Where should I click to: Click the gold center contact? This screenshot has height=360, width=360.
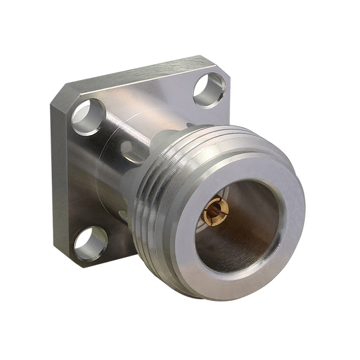point(215,212)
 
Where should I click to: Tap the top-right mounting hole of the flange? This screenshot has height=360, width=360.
point(209,89)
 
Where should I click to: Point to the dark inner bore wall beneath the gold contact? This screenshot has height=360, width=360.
point(225,247)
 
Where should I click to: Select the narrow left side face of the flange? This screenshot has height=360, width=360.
point(61,180)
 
